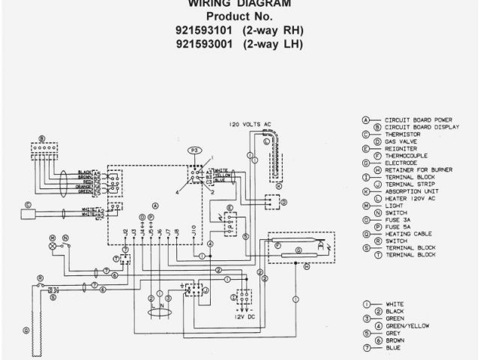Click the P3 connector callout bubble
[196, 151]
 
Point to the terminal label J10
[193, 232]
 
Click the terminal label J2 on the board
[124, 232]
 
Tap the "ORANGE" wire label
[85, 186]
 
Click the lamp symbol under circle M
[53, 245]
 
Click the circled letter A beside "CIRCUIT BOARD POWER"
[366, 119]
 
